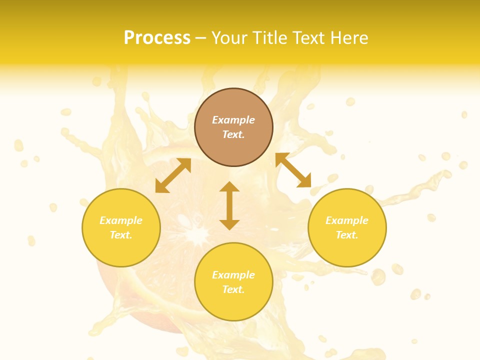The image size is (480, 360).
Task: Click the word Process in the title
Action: coord(157,38)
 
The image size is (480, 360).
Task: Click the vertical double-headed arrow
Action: coord(229,205)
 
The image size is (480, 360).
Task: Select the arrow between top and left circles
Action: coord(173,175)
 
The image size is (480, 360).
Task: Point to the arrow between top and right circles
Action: coord(293,170)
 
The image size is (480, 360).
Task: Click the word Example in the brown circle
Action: coord(233,120)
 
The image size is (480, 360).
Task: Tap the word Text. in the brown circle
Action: coord(233,134)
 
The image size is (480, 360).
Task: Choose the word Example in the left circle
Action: coord(121,220)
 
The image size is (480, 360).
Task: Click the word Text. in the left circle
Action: coord(121,235)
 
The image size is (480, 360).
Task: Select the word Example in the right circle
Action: coord(347,220)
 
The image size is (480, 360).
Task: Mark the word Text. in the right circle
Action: coord(347,235)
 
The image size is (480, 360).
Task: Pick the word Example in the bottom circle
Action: coord(233,275)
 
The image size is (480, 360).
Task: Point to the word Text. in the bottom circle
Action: coord(233,289)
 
